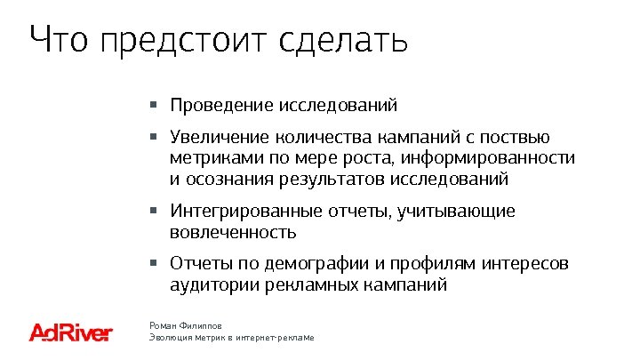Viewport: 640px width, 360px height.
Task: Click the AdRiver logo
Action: [x=71, y=332]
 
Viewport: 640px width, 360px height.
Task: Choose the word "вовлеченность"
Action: [x=233, y=233]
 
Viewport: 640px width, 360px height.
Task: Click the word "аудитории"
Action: [x=208, y=285]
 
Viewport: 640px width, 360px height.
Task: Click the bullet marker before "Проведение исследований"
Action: [x=154, y=105]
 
